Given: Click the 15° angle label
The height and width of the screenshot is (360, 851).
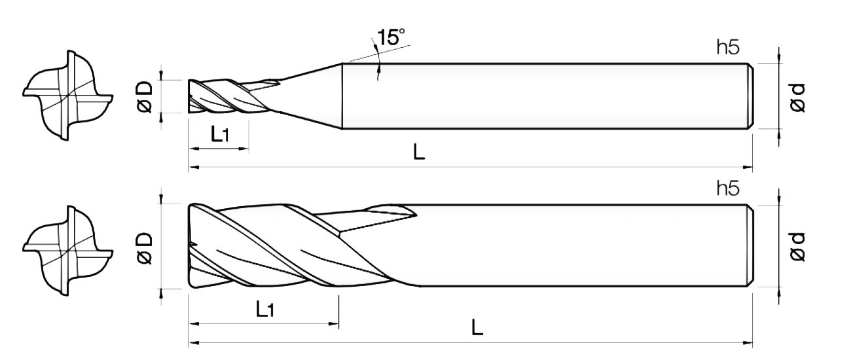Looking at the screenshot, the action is [x=391, y=37].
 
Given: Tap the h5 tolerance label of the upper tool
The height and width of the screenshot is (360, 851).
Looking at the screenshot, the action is [x=728, y=48].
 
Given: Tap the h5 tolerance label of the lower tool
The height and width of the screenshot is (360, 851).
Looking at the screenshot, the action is [x=728, y=189].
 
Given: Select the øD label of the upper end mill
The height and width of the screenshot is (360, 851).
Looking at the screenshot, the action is [x=145, y=96].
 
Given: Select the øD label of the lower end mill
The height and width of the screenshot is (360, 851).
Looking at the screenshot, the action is [x=145, y=248].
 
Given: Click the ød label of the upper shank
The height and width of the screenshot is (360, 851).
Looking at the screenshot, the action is [x=797, y=98].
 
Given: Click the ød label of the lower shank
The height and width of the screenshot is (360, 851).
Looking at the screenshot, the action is [x=797, y=247].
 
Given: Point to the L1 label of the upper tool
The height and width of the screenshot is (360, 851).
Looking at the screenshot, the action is [x=220, y=134].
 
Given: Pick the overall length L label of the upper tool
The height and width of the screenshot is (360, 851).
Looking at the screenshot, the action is [x=419, y=153].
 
